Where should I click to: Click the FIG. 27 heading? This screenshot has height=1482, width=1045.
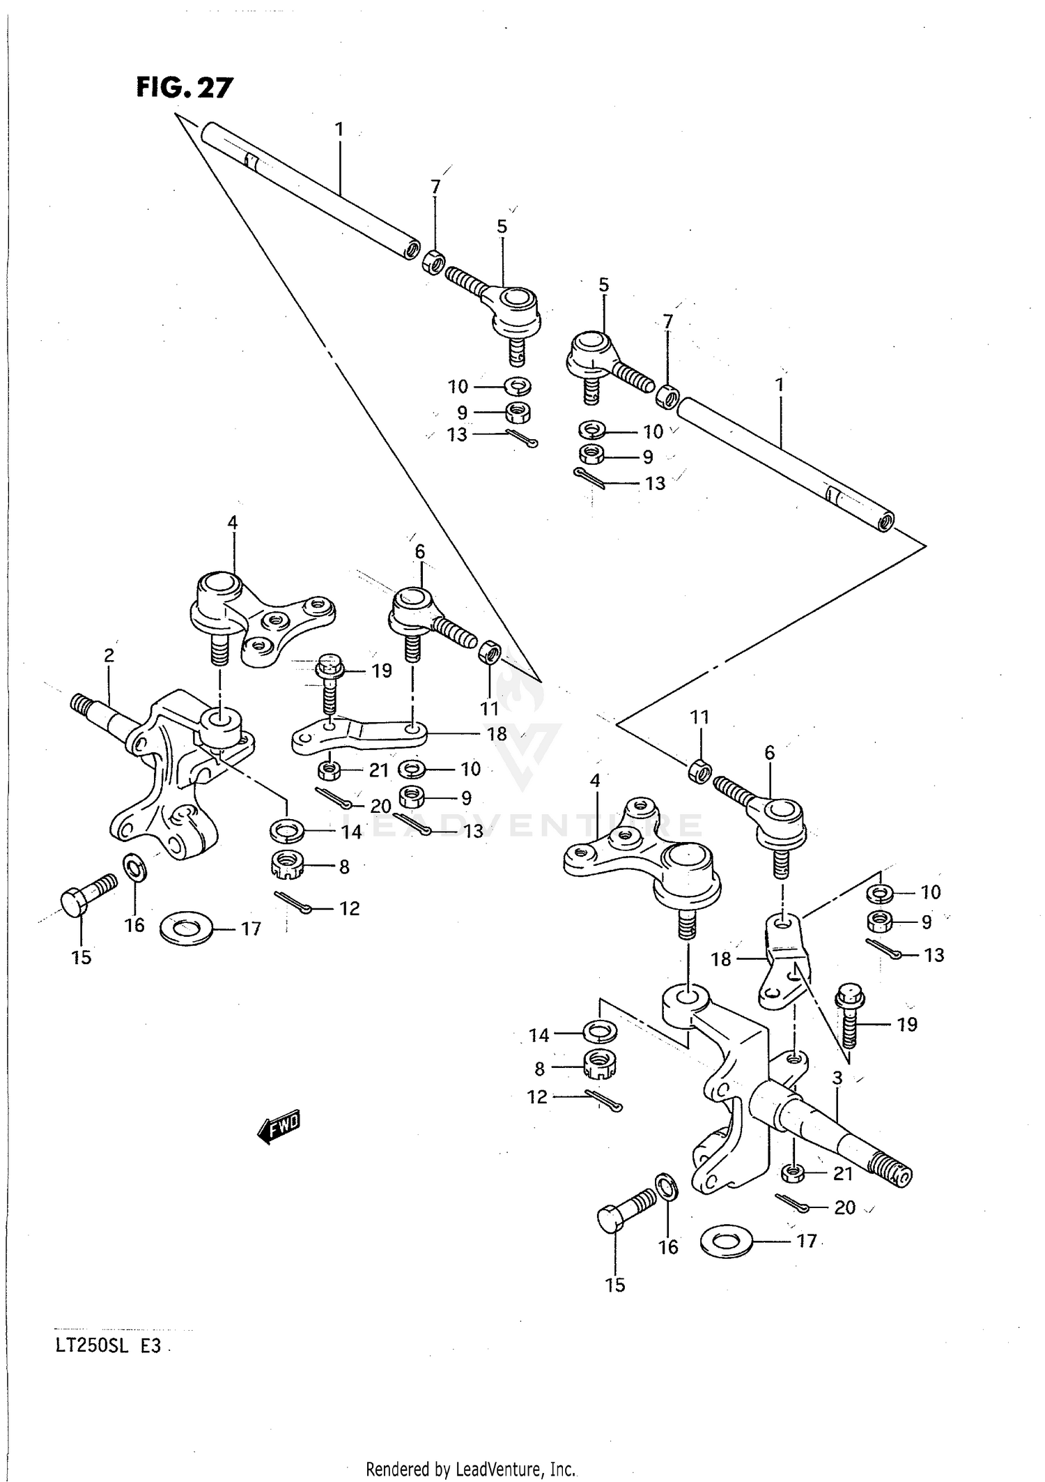pos(184,88)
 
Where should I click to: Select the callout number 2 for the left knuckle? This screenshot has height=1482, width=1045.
pos(109,655)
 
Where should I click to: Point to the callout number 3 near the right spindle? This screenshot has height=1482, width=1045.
pos(837,1078)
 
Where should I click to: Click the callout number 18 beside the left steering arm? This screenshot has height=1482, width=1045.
pos(497,734)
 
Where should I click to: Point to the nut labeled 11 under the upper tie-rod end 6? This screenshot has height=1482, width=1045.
pos(490,654)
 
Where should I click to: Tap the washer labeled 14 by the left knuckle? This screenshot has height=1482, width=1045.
pos(287,830)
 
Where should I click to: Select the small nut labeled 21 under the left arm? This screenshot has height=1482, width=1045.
pos(329,771)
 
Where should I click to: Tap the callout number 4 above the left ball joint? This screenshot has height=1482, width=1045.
pos(232,523)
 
